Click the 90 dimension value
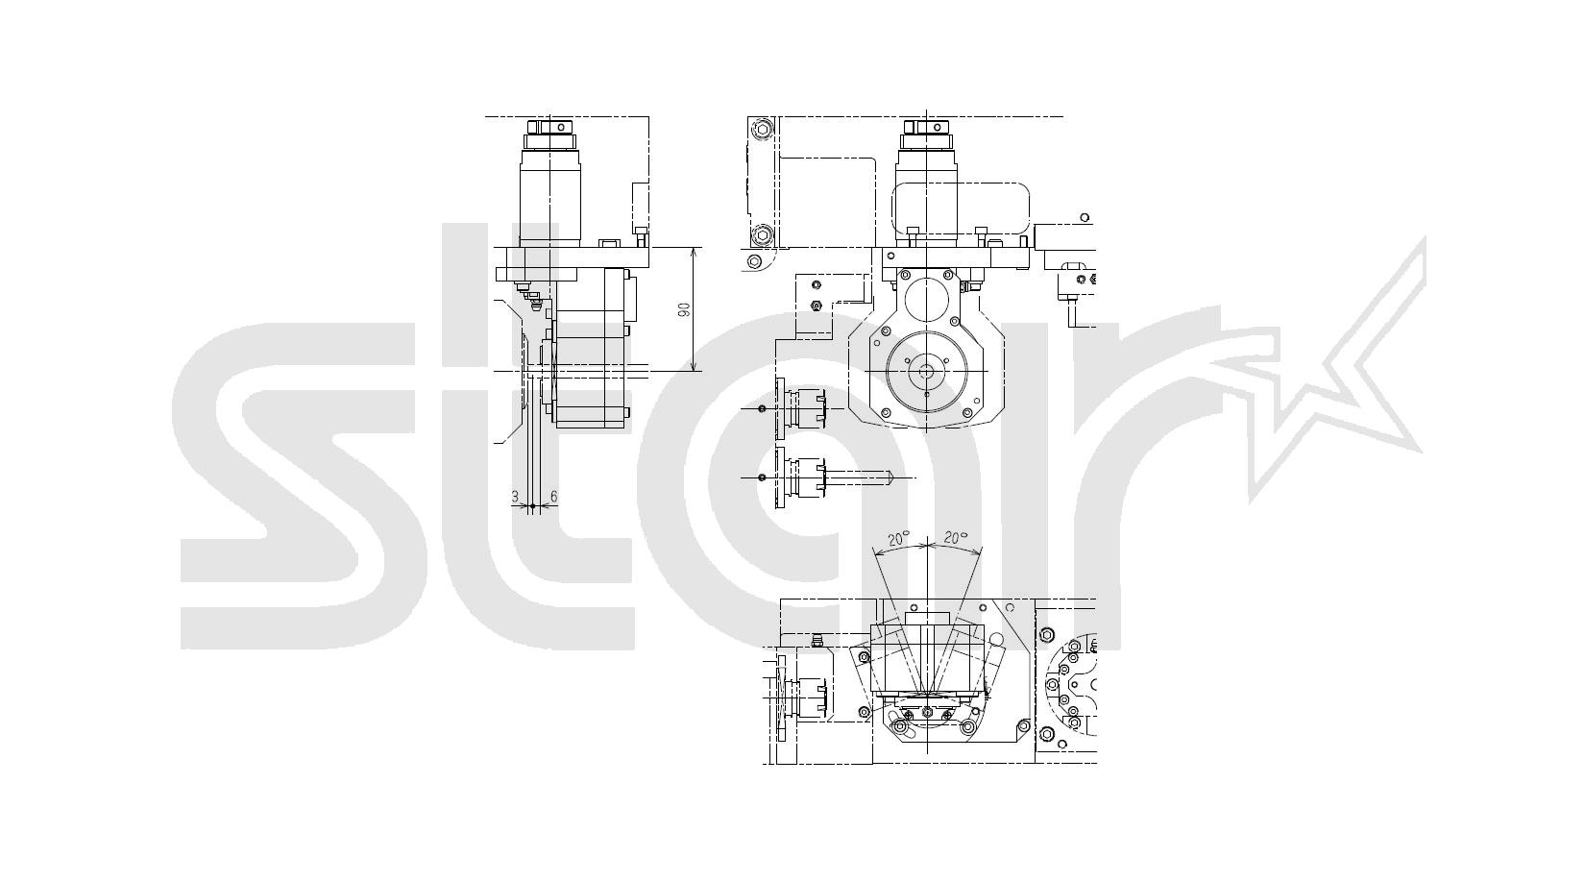click(x=684, y=309)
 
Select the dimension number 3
click(x=515, y=497)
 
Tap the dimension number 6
click(x=553, y=497)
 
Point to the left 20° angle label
click(x=898, y=539)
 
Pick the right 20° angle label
click(x=955, y=538)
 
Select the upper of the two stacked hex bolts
click(x=762, y=129)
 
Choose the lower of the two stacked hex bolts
click(x=762, y=232)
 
